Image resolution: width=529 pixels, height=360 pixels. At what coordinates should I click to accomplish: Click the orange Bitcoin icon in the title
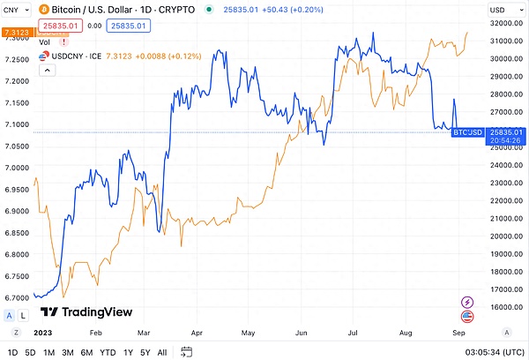[43, 9]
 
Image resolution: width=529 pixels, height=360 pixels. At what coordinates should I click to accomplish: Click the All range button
[162, 352]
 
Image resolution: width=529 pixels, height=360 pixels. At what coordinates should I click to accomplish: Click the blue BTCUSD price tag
[467, 131]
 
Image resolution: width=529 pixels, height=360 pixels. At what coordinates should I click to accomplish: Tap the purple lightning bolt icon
[466, 302]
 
